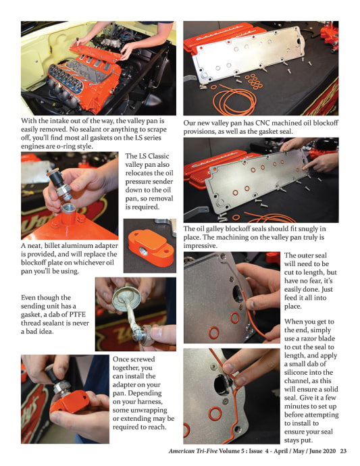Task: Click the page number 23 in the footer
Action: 343,451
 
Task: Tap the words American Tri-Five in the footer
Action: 193,451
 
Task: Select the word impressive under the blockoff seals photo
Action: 200,246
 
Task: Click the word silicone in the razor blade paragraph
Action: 296,372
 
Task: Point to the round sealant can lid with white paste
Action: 127,298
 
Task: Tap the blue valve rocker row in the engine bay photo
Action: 66,77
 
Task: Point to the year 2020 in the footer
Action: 329,451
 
